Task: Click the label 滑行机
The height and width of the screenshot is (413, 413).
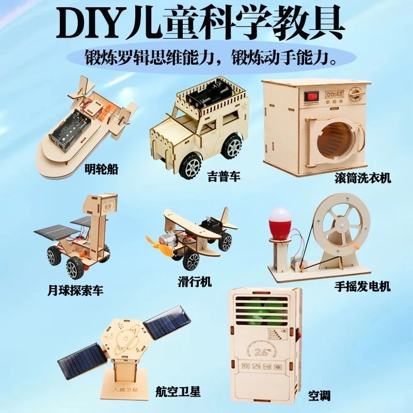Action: (194, 282)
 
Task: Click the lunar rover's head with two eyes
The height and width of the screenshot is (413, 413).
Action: (105, 205)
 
